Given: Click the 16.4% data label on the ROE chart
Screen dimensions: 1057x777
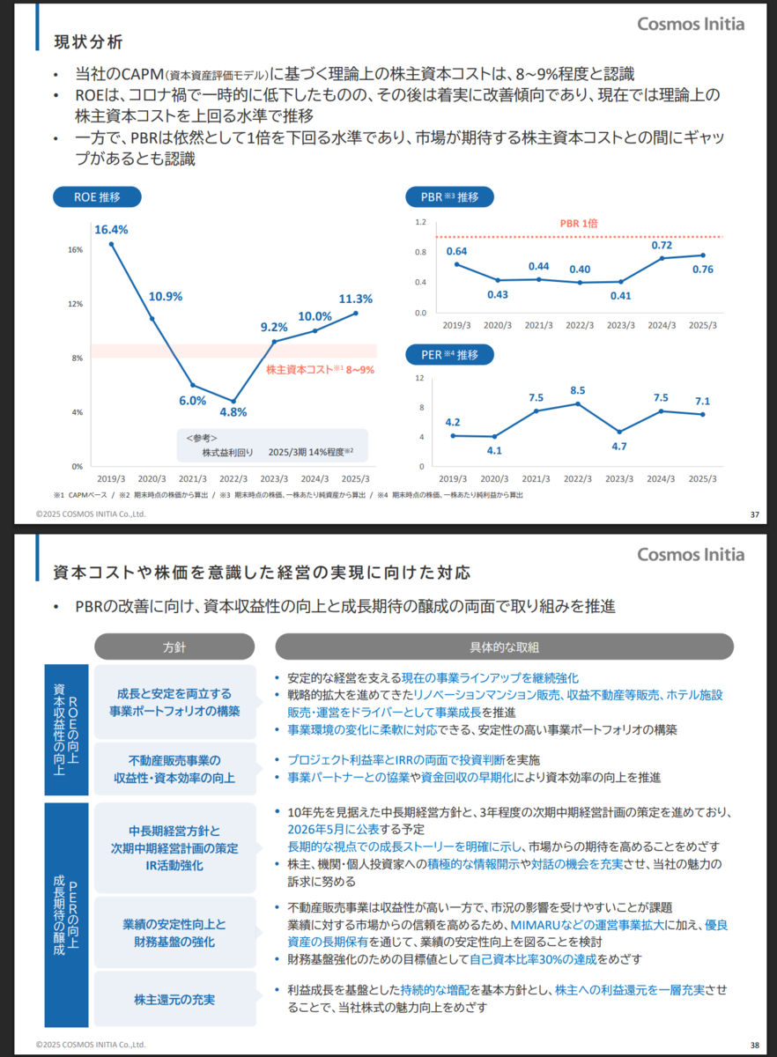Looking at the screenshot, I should [x=111, y=230].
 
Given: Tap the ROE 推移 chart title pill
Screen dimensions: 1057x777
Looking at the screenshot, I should [x=98, y=197].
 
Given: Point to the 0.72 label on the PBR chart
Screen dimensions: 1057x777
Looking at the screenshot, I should [x=662, y=245].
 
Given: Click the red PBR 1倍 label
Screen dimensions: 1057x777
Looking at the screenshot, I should [x=579, y=224].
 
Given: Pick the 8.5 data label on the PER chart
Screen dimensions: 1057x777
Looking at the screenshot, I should [x=578, y=390].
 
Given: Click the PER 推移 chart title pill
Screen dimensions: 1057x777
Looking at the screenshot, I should [x=449, y=355].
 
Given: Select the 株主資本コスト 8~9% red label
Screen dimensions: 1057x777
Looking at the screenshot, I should [x=321, y=371].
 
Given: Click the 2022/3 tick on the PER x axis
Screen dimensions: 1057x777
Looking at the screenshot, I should [x=578, y=478].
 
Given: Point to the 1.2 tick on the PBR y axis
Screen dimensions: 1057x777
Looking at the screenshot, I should [x=421, y=222].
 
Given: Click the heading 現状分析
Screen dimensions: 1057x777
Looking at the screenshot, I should [x=88, y=42].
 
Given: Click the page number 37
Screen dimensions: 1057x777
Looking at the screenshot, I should [x=754, y=514].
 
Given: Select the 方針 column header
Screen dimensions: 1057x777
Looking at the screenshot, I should [x=174, y=647].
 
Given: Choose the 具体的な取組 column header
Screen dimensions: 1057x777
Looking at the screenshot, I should [x=504, y=647].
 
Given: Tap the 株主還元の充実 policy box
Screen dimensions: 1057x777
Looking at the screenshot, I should [x=174, y=1000].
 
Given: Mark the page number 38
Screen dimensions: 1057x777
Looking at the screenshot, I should [x=754, y=1046].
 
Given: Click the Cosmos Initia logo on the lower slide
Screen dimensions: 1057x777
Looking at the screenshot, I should [x=691, y=554].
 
